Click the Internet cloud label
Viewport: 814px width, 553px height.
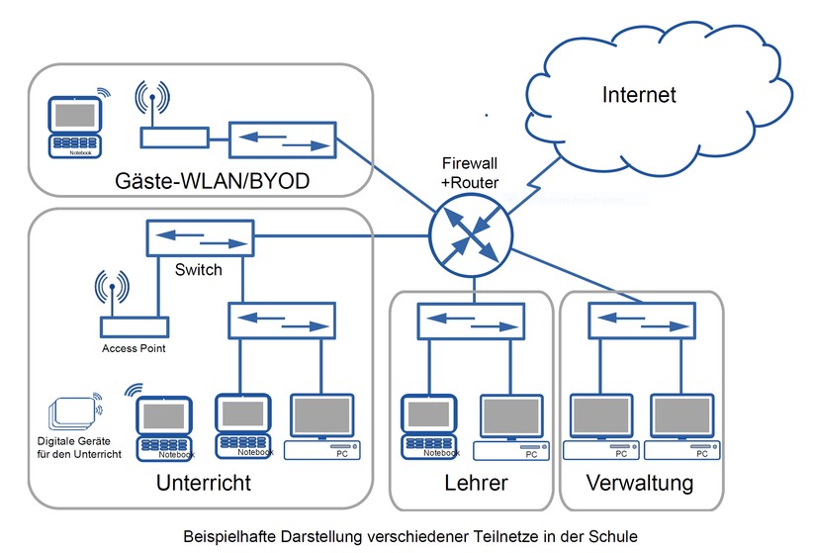click(x=639, y=95)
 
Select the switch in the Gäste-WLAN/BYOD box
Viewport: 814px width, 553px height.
click(x=283, y=139)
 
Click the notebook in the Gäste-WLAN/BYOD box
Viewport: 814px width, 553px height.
click(x=77, y=127)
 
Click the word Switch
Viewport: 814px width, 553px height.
click(x=198, y=269)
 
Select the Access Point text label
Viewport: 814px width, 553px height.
click(x=134, y=348)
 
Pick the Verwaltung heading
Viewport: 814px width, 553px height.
click(x=639, y=484)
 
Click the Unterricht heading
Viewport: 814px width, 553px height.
click(x=203, y=484)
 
